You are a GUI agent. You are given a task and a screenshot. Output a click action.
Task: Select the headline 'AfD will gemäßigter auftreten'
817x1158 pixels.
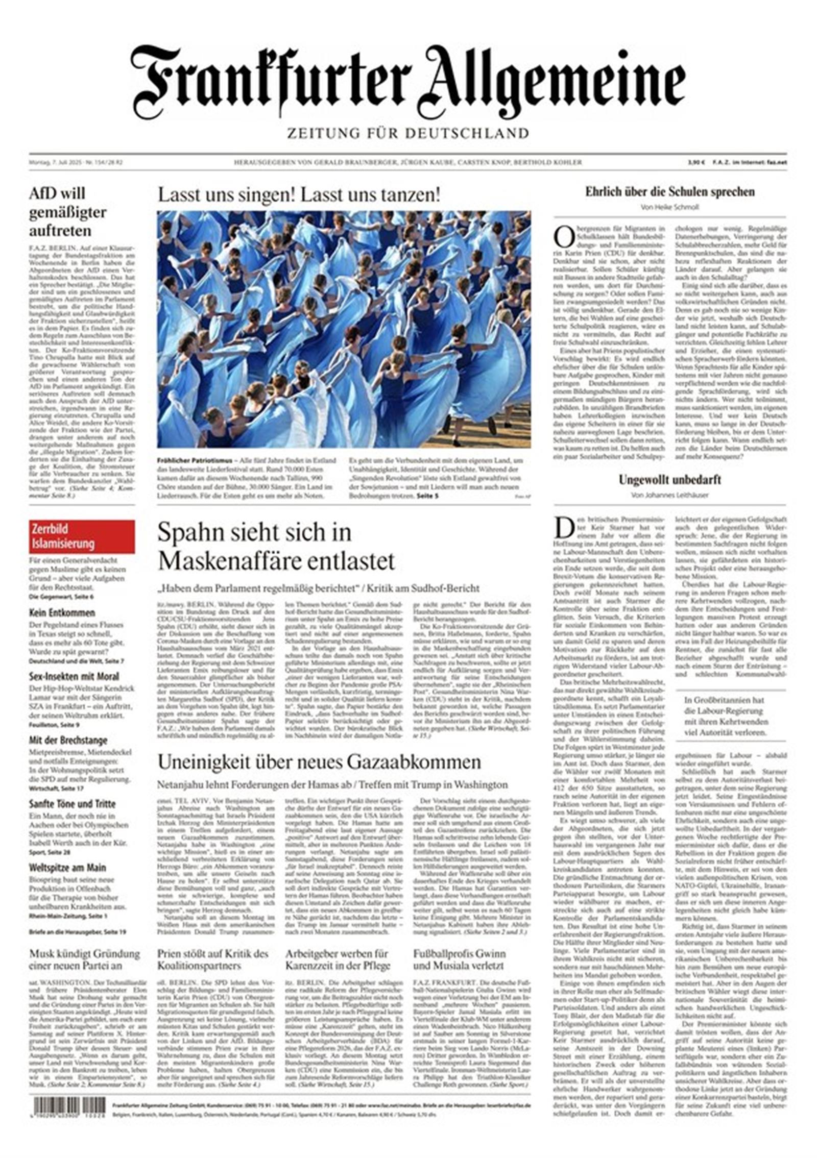point(68,212)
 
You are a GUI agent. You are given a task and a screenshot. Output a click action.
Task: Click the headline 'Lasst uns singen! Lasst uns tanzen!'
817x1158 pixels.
point(299,195)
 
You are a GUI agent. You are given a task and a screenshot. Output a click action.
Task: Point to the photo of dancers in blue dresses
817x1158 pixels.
point(344,329)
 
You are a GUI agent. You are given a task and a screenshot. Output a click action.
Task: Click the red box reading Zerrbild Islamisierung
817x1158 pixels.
point(82,536)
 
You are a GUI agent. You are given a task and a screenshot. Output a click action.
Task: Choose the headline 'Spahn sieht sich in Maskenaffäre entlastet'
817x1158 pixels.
point(276,547)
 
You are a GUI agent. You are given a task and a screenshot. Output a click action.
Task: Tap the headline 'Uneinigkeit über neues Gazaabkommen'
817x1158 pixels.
point(319,761)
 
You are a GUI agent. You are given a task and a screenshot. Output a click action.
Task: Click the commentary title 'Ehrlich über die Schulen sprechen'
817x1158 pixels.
point(669,192)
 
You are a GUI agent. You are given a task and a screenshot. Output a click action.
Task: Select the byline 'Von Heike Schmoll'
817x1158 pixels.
point(669,207)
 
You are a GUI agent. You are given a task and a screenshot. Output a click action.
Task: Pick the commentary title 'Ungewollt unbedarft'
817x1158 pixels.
point(669,480)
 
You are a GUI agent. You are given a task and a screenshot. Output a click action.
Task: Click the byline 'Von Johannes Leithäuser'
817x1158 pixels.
point(669,495)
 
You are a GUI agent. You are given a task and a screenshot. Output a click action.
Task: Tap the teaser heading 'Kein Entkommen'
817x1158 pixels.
point(62,612)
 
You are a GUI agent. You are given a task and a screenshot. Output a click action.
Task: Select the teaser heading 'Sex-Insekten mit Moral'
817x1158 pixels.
point(74,676)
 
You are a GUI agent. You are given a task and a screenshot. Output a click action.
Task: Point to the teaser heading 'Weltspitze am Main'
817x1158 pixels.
point(67,868)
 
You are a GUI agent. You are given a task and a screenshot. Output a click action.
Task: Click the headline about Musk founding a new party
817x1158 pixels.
point(84,959)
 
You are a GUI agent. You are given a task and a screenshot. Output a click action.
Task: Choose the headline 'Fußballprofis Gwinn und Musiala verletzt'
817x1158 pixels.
point(460,959)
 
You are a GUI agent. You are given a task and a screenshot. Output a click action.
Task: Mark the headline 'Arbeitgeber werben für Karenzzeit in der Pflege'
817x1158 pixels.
point(338,959)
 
